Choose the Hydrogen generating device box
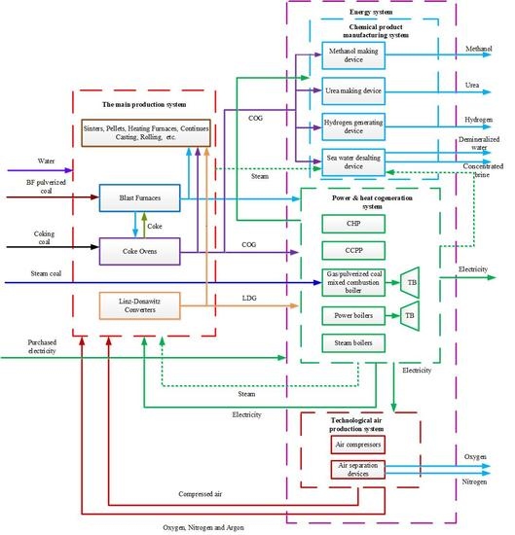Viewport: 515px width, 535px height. [353, 128]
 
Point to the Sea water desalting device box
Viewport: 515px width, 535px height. [353, 162]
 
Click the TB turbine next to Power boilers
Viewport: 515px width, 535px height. [409, 315]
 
